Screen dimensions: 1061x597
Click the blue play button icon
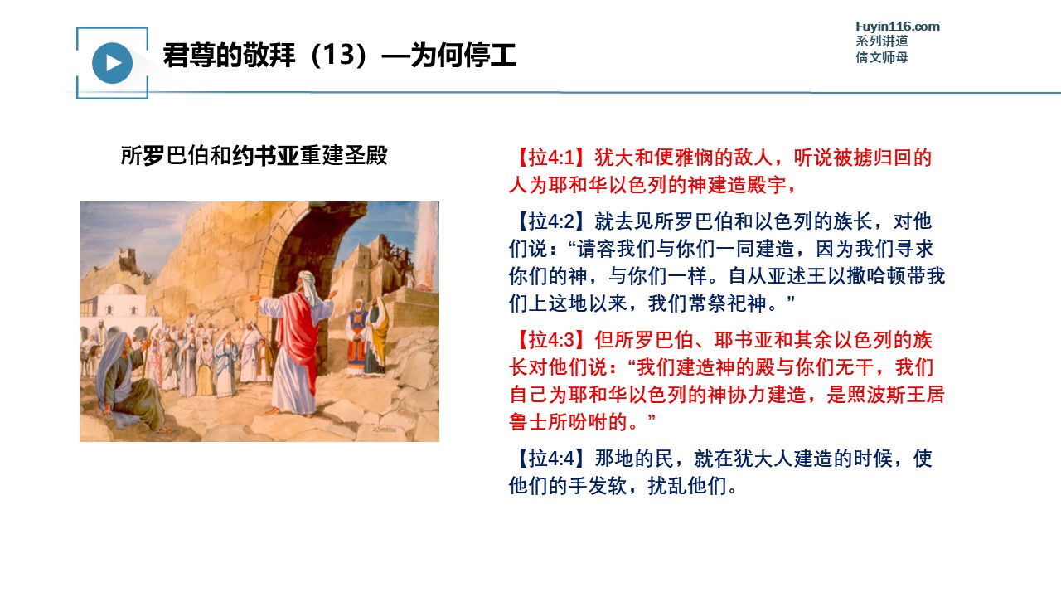(112, 63)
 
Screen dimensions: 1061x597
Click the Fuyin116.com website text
(898, 27)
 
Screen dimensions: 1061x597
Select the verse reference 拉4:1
(550, 158)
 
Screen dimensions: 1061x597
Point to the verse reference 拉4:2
(550, 221)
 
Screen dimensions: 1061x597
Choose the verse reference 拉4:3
(550, 340)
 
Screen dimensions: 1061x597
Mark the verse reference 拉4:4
(550, 459)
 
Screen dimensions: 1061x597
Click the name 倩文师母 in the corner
(881, 57)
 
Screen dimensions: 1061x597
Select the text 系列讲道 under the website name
(881, 41)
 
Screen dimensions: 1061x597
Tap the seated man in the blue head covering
(127, 380)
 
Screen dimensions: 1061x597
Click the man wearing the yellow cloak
(376, 336)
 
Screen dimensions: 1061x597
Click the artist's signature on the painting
(384, 429)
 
